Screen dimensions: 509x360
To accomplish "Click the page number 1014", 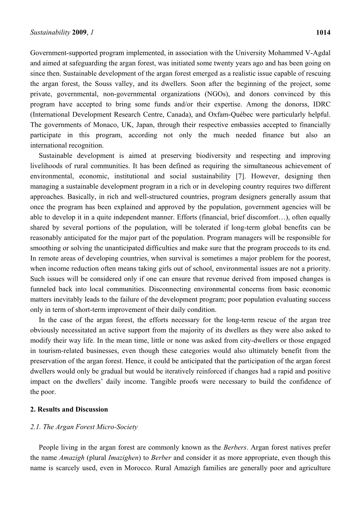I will click(323, 33).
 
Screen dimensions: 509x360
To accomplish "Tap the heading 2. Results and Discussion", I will click(69, 409).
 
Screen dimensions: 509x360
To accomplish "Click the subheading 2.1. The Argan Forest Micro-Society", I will click(84, 427).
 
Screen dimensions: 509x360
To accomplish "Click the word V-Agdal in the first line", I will click(318, 53).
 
